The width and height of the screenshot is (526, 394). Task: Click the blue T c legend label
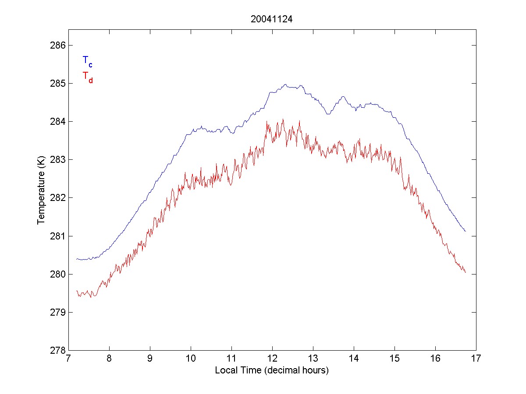point(87,61)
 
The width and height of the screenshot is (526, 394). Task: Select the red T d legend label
point(87,77)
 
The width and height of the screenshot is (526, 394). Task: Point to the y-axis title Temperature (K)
point(41,190)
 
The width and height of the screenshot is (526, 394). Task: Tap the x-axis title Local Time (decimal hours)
point(272,370)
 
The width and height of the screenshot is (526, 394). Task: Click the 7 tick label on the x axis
point(68,359)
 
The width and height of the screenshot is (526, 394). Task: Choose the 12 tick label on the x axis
point(272,359)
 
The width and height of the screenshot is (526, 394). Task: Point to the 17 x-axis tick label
point(476,359)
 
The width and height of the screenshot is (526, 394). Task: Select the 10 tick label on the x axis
point(191,359)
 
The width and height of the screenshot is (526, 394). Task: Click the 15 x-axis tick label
point(394,359)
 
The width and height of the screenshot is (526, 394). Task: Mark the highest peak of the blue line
point(285,84)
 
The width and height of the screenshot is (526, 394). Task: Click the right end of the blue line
point(465,231)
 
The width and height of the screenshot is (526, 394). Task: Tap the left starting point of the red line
point(77,291)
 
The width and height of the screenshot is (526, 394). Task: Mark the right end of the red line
point(465,272)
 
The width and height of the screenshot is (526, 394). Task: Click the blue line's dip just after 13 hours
point(328,114)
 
